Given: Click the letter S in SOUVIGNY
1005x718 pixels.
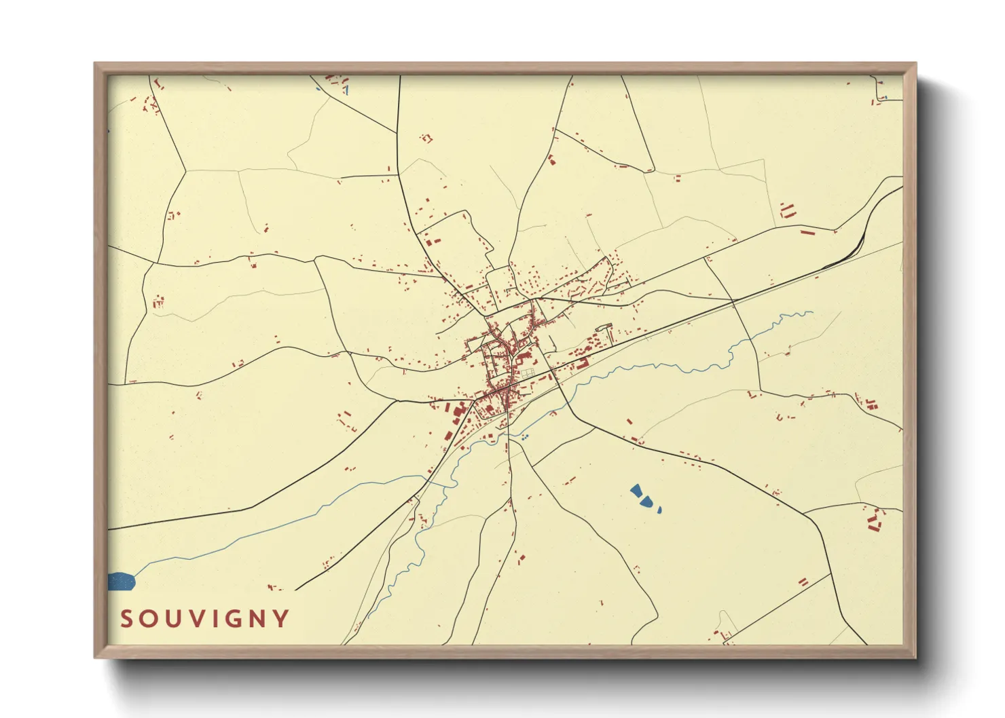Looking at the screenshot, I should (x=126, y=619).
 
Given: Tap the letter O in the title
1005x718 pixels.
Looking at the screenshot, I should (x=150, y=619).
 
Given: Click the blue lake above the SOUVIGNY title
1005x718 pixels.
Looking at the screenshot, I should (x=122, y=581).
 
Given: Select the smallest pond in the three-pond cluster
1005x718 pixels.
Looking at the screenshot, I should (x=659, y=509).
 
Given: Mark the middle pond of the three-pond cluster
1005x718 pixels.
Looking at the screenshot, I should (x=648, y=502).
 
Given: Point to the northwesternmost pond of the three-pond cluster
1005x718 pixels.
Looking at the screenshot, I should (x=636, y=491).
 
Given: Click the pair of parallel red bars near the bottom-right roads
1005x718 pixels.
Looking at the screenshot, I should (x=803, y=582).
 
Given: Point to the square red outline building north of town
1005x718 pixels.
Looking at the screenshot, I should (x=426, y=138).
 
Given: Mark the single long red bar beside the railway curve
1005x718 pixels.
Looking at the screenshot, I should (x=807, y=233).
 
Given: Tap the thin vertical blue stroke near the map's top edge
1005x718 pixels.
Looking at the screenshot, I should (x=346, y=89).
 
